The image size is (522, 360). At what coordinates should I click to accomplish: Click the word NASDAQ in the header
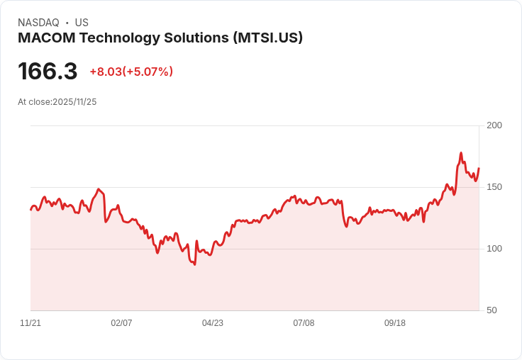38,23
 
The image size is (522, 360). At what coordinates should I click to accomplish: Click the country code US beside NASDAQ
82,23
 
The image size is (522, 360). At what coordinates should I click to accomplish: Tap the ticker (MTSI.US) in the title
267,38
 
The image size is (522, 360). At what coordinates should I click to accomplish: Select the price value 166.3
48,72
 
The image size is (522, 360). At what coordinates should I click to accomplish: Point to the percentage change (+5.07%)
148,72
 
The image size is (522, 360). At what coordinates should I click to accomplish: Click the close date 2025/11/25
74,102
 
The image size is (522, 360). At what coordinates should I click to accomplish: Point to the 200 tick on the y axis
494,125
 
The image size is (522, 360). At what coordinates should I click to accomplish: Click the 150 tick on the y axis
494,187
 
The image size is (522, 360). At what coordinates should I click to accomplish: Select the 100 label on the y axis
494,249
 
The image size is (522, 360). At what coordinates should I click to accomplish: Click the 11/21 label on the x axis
30,323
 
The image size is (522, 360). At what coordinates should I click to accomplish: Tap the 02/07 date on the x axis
121,323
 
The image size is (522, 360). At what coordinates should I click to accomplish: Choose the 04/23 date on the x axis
213,323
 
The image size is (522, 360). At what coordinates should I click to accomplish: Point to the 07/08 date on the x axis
304,323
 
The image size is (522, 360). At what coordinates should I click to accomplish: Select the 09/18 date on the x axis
395,323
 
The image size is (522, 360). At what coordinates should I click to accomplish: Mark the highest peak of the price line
461,153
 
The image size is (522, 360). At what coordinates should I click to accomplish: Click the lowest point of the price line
194,264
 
